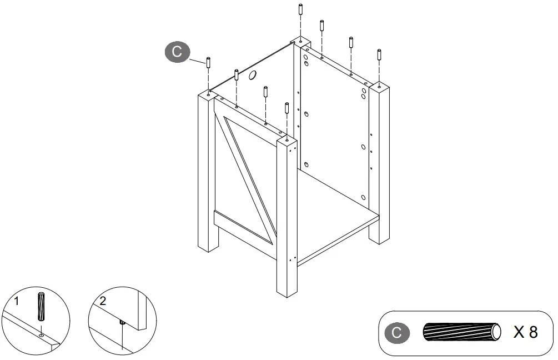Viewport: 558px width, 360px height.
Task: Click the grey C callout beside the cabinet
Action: point(177,52)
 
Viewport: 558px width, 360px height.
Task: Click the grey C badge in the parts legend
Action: point(397,333)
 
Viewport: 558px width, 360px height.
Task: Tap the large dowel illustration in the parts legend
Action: point(462,332)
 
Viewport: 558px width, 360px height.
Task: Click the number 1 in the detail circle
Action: point(16,301)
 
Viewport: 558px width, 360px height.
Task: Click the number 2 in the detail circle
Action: point(103,301)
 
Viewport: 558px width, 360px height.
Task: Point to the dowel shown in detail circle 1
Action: point(41,307)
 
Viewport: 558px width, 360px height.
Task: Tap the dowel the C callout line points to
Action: point(208,63)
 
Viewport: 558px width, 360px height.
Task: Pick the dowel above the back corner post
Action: point(301,9)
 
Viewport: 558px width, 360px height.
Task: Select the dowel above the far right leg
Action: point(379,55)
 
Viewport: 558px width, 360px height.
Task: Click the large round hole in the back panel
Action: point(252,75)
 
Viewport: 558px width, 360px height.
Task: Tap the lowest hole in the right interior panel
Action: point(363,198)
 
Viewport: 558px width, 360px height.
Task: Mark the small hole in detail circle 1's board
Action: point(41,335)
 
